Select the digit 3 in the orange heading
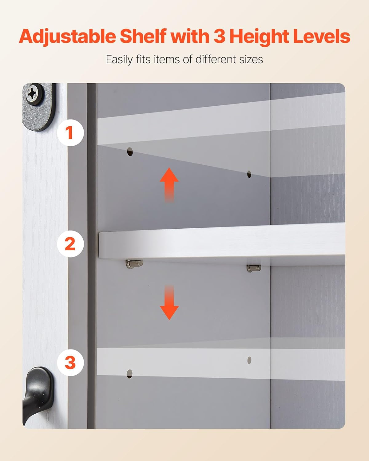coord(220,36)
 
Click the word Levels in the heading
coord(321,36)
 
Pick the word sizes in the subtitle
coord(251,59)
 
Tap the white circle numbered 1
coord(70,133)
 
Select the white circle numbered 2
coord(70,244)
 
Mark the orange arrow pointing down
coord(169,303)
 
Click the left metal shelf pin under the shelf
coord(134,263)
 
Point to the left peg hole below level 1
coord(130,152)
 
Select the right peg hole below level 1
coord(249,175)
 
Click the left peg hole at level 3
coord(129,374)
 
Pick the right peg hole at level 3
coord(249,360)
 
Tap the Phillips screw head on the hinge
coord(32,93)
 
